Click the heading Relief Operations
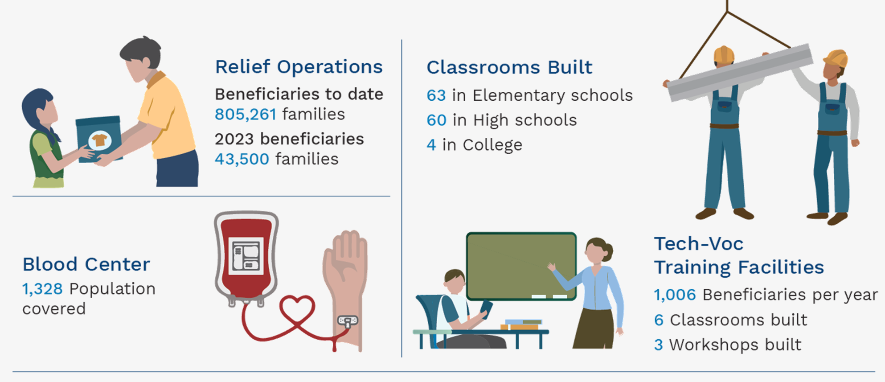(x=299, y=67)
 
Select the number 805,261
(x=246, y=115)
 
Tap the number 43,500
(x=242, y=159)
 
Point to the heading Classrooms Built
(x=509, y=67)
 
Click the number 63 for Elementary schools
(x=436, y=95)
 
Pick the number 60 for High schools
(x=437, y=120)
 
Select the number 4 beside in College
(x=431, y=145)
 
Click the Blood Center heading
(x=86, y=264)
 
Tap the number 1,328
(x=43, y=289)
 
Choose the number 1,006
(x=675, y=295)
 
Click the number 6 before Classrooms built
(x=659, y=320)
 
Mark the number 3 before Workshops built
(x=659, y=345)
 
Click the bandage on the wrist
(x=348, y=320)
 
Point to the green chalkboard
(x=521, y=266)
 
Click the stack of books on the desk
(x=522, y=324)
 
